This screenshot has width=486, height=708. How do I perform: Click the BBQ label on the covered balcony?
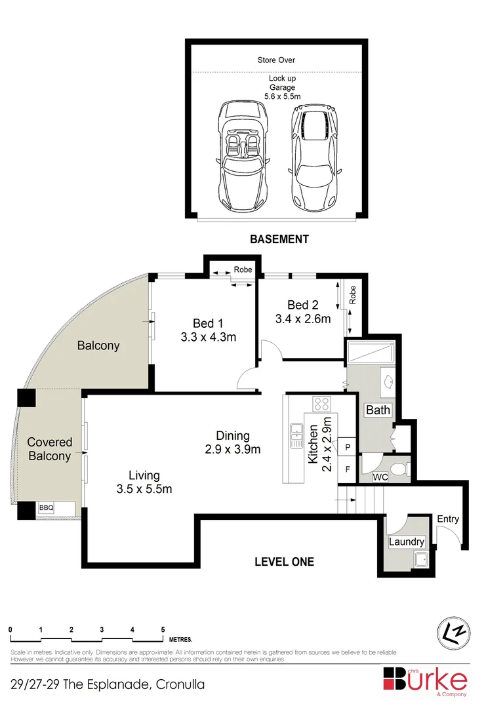pyautogui.click(x=46, y=508)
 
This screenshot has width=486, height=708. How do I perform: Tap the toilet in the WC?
pyautogui.click(x=399, y=471)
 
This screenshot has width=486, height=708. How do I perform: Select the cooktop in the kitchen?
pyautogui.click(x=321, y=404)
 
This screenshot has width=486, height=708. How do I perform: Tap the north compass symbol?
pyautogui.click(x=453, y=632)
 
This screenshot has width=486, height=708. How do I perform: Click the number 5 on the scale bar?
pyautogui.click(x=163, y=629)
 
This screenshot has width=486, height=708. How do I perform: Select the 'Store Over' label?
pyautogui.click(x=276, y=60)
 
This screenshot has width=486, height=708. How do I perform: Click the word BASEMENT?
pyautogui.click(x=279, y=239)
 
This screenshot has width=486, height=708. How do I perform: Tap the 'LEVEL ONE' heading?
pyautogui.click(x=284, y=562)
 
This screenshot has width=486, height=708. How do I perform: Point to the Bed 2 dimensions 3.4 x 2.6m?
pyautogui.click(x=303, y=319)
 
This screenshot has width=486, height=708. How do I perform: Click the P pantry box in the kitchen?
pyautogui.click(x=348, y=448)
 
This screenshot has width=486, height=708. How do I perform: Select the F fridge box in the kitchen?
pyautogui.click(x=348, y=469)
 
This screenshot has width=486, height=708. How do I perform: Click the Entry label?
pyautogui.click(x=447, y=519)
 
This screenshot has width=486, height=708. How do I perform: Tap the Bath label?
pyautogui.click(x=378, y=410)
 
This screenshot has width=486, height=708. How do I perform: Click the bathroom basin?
pyautogui.click(x=388, y=381)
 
